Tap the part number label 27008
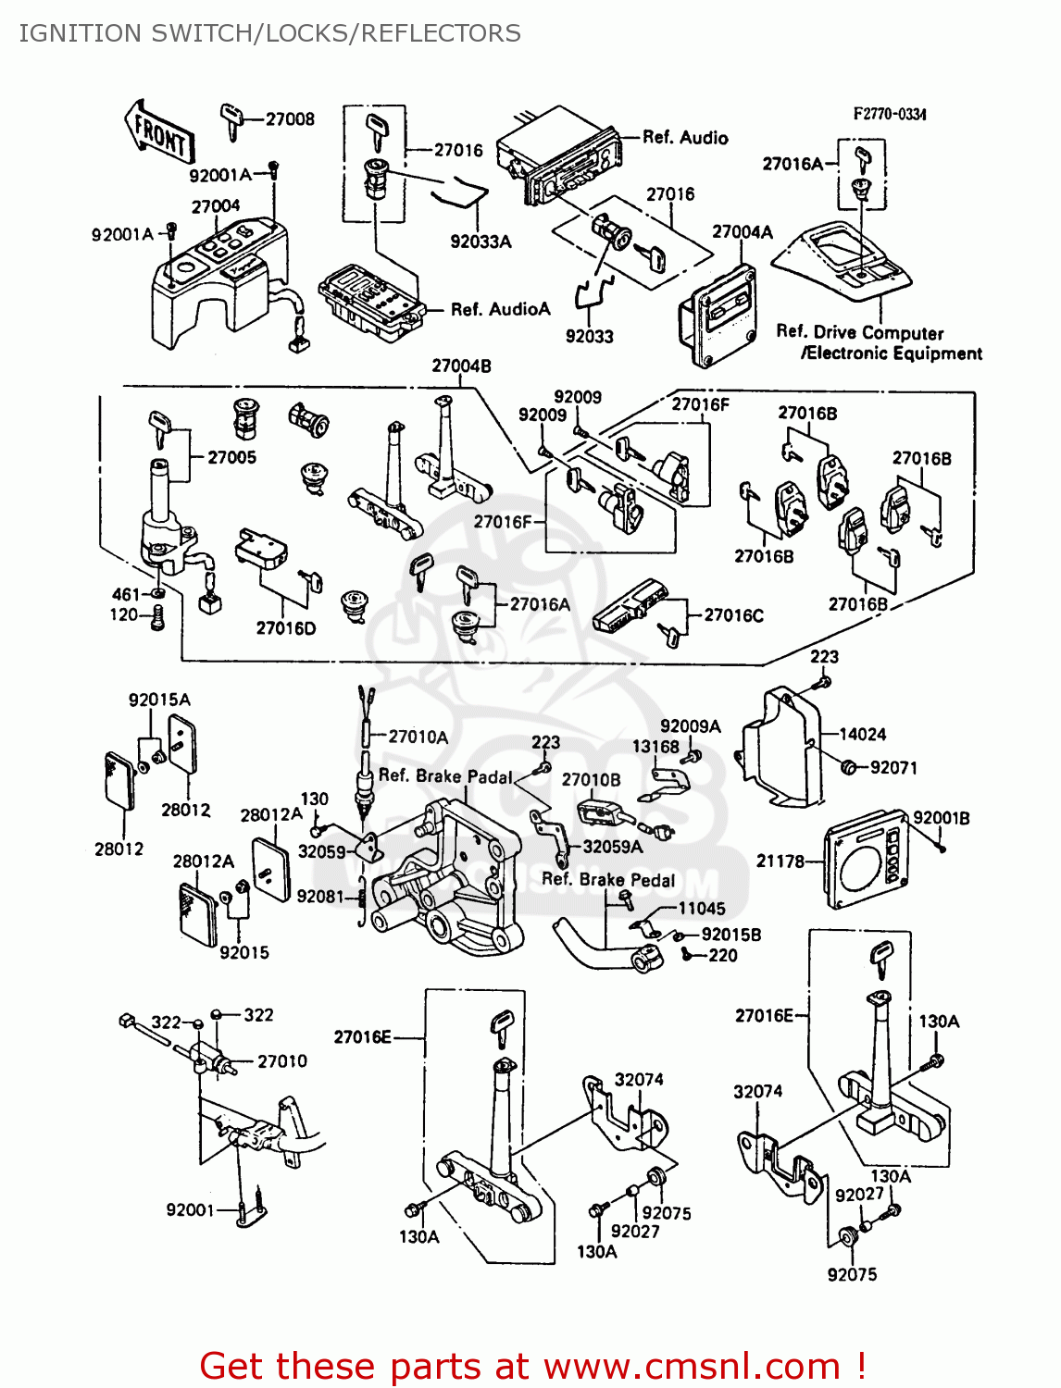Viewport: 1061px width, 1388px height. tap(290, 119)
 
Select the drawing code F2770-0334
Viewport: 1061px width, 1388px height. tap(889, 114)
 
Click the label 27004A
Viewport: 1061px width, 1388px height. tap(742, 232)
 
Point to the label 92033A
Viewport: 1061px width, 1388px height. tap(481, 242)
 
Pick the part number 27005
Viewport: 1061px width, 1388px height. tap(231, 457)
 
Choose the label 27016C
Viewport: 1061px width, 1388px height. tap(733, 615)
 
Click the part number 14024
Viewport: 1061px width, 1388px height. tap(862, 735)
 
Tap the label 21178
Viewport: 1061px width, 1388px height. tap(780, 861)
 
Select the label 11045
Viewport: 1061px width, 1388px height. tap(701, 909)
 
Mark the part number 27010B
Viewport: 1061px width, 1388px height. tap(591, 780)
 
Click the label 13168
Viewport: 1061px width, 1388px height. tap(655, 747)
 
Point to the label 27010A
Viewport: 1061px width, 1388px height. tap(418, 737)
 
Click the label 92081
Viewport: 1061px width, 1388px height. tap(320, 897)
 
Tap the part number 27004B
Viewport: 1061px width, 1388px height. tap(461, 366)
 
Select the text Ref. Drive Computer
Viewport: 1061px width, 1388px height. tap(859, 332)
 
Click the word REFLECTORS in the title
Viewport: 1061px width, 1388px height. tap(441, 33)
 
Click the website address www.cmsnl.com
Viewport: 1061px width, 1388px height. tap(691, 1366)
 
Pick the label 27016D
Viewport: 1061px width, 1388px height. tap(285, 628)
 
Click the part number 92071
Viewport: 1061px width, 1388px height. tap(893, 767)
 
